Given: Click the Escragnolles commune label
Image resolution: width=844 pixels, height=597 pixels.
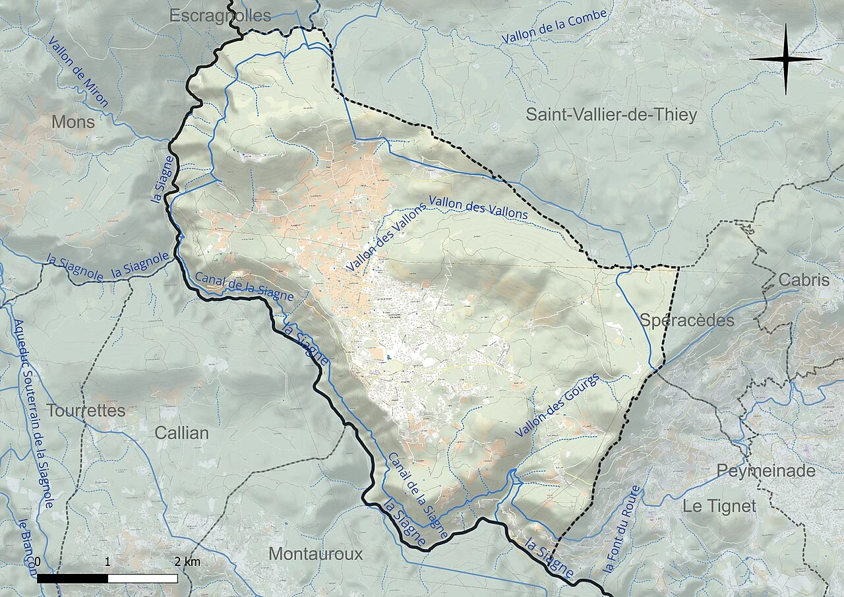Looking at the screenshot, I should (x=220, y=16).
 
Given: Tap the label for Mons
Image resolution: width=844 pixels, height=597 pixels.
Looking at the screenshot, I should (x=73, y=122).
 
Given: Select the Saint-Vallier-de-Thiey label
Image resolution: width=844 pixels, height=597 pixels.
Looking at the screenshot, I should (x=611, y=115).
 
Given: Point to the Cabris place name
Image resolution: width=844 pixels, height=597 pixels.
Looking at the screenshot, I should (x=804, y=280).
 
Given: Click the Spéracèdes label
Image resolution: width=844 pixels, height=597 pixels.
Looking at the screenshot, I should (x=686, y=321).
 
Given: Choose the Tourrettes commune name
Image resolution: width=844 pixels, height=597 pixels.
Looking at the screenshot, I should (x=86, y=410).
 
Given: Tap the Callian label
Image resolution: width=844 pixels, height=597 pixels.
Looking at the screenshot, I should (x=181, y=433).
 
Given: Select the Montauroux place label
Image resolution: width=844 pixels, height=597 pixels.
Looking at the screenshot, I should (x=315, y=553).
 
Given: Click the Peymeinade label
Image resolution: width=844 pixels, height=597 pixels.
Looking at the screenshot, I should (x=766, y=471).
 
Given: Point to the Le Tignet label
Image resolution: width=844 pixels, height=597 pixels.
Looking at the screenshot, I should (x=719, y=507).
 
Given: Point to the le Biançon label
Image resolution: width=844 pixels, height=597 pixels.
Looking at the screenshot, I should (x=26, y=548).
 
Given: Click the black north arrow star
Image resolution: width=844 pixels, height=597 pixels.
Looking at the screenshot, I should (x=785, y=59).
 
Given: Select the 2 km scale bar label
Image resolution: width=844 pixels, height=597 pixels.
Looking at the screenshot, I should (x=187, y=562).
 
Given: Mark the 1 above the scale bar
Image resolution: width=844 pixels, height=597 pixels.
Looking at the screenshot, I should (x=108, y=562).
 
